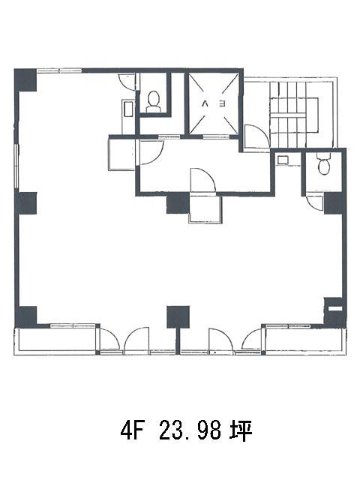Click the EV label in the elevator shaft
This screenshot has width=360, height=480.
tap(214, 104)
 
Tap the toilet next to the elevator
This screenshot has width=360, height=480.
tap(153, 102)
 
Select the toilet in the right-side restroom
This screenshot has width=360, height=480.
tap(323, 164)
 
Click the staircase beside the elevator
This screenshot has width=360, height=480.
tap(294, 114)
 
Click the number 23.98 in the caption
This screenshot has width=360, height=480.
tap(190, 430)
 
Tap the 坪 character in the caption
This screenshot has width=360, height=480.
tap(241, 431)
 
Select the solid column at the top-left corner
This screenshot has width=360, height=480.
tap(25, 80)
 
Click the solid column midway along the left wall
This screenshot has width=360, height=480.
tap(26, 203)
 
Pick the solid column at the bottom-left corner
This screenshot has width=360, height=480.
tap(26, 316)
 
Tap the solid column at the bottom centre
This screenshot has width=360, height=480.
tap(178, 316)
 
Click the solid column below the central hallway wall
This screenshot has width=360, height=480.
tap(178, 204)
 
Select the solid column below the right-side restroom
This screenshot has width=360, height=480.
tap(335, 203)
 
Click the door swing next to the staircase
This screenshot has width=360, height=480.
tap(256, 136)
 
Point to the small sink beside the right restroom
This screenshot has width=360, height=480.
tap(282, 160)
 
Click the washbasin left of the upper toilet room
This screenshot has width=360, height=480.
tap(128, 109)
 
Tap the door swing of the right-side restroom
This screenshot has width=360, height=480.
tap(315, 203)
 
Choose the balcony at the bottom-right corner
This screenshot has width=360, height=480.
tap(305, 341)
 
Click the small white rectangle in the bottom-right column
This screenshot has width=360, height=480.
tap(335, 308)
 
